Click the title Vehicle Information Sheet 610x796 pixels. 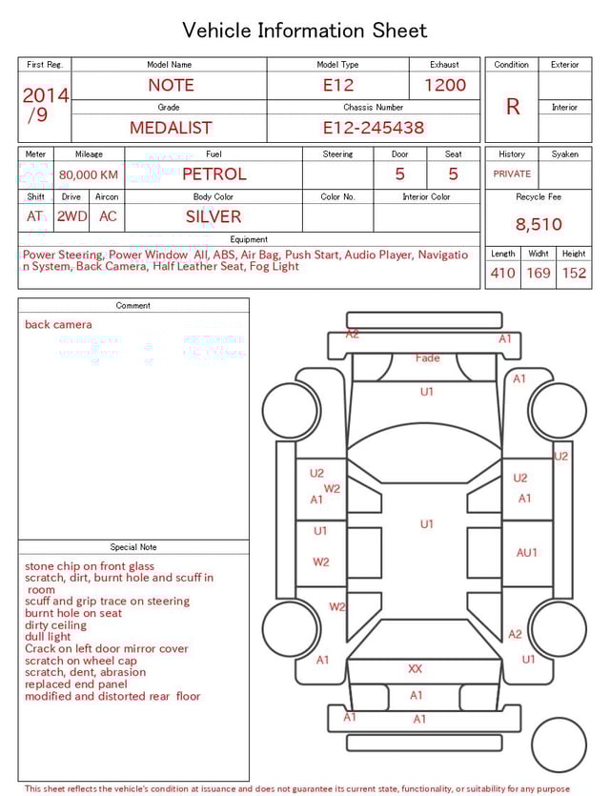pyautogui.click(x=305, y=31)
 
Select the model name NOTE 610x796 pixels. pyautogui.click(x=171, y=85)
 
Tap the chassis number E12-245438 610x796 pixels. pyautogui.click(x=373, y=128)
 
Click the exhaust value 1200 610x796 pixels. pyautogui.click(x=445, y=85)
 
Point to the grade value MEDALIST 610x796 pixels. pyautogui.click(x=171, y=128)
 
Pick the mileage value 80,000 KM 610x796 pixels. pyautogui.click(x=89, y=175)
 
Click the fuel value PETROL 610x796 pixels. pyautogui.click(x=213, y=174)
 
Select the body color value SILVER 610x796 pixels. pyautogui.click(x=213, y=216)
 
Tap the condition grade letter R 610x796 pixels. pyautogui.click(x=513, y=107)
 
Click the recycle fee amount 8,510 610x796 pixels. pyautogui.click(x=539, y=225)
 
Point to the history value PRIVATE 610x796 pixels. pyautogui.click(x=512, y=174)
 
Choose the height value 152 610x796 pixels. pyautogui.click(x=574, y=274)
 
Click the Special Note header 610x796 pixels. pyautogui.click(x=133, y=547)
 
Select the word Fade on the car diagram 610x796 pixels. pyautogui.click(x=427, y=358)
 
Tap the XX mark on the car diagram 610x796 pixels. pyautogui.click(x=416, y=669)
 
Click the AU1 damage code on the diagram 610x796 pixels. pyautogui.click(x=526, y=553)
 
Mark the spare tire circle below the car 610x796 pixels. pyautogui.click(x=559, y=745)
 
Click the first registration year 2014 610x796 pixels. pyautogui.click(x=45, y=95)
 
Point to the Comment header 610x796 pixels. pyautogui.click(x=133, y=306)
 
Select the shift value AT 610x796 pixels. pyautogui.click(x=35, y=216)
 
